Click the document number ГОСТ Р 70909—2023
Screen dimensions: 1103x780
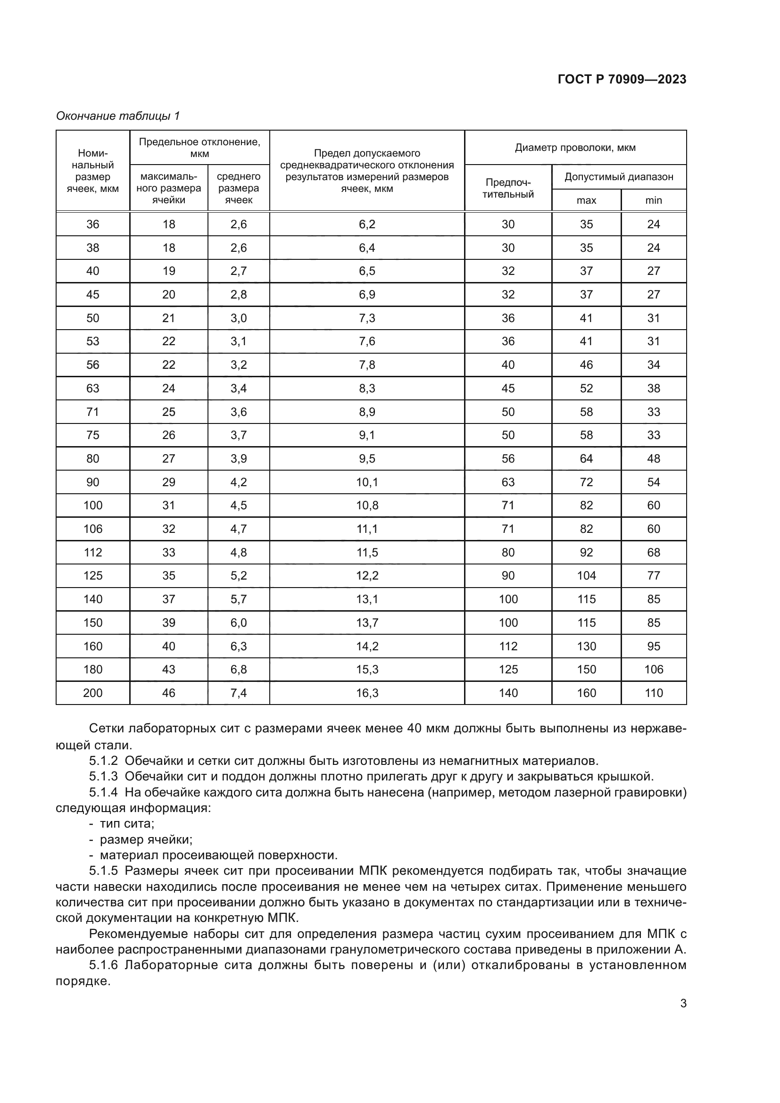tap(622, 79)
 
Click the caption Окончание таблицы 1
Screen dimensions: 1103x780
tap(118, 116)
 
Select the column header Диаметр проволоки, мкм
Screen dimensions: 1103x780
tap(575, 148)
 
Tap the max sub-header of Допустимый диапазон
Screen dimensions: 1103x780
tap(586, 200)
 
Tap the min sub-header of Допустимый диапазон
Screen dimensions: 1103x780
tap(653, 200)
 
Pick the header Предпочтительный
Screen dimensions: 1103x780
tap(508, 188)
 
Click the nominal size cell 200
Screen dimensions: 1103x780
tap(93, 693)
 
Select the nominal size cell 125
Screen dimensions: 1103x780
tap(93, 575)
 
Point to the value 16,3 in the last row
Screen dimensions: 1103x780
tap(367, 693)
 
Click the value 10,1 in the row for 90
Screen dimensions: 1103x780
tap(367, 482)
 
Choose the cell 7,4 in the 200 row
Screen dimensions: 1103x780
tap(239, 693)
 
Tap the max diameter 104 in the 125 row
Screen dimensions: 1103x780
tap(586, 575)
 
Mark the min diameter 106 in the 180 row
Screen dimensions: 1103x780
tap(653, 669)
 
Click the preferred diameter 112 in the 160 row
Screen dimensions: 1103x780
tap(508, 646)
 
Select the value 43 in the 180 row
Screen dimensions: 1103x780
tap(168, 669)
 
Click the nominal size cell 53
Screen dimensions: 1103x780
tap(93, 341)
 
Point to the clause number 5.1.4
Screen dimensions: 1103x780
tap(103, 792)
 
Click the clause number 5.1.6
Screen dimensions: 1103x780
tap(103, 965)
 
